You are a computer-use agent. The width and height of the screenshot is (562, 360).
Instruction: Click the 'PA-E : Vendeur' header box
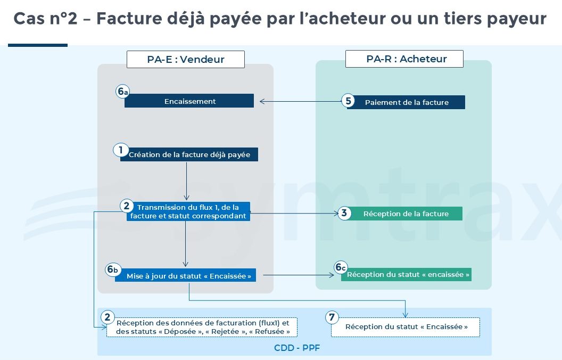point(186,59)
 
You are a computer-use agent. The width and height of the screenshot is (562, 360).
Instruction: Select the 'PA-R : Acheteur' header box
point(404,59)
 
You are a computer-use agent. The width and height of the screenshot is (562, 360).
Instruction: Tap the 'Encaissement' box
point(189,101)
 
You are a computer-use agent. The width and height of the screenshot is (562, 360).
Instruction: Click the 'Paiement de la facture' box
point(406,102)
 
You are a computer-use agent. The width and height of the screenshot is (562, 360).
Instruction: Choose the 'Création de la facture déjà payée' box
point(189,154)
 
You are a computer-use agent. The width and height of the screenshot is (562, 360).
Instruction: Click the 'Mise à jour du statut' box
point(186,275)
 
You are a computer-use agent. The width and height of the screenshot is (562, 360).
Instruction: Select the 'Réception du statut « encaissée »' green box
point(407,274)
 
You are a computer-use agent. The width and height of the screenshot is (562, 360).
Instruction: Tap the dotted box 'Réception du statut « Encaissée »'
point(406,327)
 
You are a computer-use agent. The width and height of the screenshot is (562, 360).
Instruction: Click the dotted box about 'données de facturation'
point(202,327)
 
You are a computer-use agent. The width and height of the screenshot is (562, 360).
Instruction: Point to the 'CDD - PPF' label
point(297,348)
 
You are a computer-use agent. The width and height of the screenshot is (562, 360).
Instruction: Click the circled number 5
point(348,101)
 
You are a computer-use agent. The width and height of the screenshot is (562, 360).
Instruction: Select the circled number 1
point(120,150)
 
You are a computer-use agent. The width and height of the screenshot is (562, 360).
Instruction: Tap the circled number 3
point(344,214)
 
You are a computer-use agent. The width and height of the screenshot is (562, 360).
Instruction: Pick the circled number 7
point(332,317)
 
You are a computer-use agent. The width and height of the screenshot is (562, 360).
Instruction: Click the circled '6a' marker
point(122,92)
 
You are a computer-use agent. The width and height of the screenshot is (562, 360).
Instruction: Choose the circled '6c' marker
point(341,267)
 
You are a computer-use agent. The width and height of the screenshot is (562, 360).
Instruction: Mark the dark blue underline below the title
point(38,45)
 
